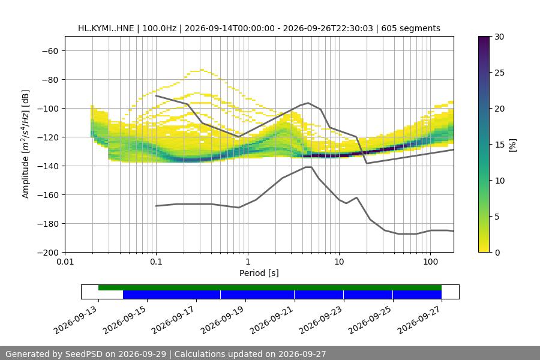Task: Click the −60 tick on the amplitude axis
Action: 50,51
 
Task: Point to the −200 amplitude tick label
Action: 48,253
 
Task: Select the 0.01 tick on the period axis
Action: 65,262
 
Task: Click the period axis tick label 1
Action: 248,262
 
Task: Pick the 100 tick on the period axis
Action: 430,262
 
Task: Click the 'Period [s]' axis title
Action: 259,273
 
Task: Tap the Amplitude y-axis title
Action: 25,144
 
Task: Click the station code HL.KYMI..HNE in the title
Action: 106,28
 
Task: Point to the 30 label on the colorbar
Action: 499,37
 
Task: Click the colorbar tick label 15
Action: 499,145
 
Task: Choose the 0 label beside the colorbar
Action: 497,253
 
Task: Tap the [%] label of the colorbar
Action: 512,145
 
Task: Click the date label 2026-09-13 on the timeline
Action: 76,320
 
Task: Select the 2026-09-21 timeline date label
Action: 272,320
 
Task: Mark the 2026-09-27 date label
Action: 419,320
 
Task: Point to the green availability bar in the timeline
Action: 270,287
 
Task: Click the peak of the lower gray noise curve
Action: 308,167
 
